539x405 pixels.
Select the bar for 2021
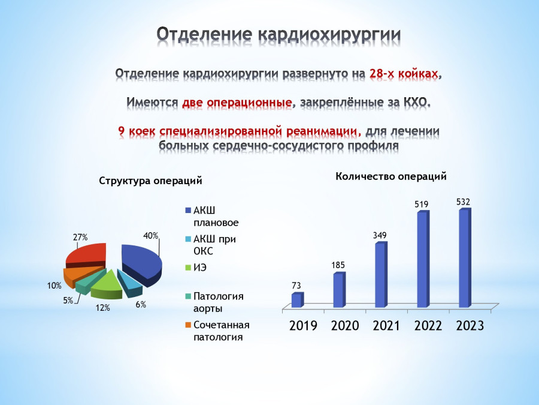pos(381,274)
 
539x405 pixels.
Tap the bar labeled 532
pos(465,257)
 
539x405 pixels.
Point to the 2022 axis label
pos(428,325)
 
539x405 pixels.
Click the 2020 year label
pos(345,325)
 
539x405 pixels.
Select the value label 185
pos(338,265)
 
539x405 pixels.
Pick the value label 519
pos(422,205)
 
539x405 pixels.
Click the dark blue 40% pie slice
pos(141,263)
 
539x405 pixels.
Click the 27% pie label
pos(80,237)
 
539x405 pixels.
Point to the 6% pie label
pos(141,304)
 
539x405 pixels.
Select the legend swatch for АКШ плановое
pos(187,211)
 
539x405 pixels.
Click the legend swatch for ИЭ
pos(187,267)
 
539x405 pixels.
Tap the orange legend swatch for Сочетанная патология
pos(187,325)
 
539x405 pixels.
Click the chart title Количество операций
pos(391,176)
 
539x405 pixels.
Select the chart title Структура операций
pos(150,181)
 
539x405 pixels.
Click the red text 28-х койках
pos(404,73)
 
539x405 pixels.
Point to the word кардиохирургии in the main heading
pos(329,35)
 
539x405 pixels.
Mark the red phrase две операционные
pos(237,102)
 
